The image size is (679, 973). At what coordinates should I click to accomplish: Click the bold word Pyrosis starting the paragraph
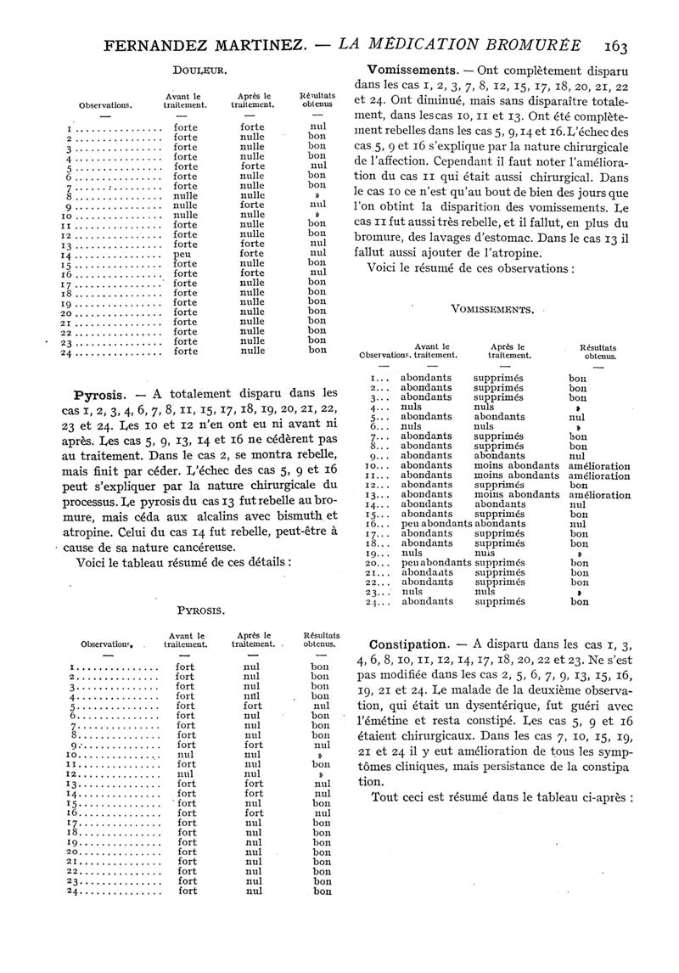102,394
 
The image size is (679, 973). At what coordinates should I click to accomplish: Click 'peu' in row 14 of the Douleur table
181,252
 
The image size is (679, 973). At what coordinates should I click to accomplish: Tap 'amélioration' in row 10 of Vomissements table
599,466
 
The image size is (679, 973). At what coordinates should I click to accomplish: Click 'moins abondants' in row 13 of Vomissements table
517,495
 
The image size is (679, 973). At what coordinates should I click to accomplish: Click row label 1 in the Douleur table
67,127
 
